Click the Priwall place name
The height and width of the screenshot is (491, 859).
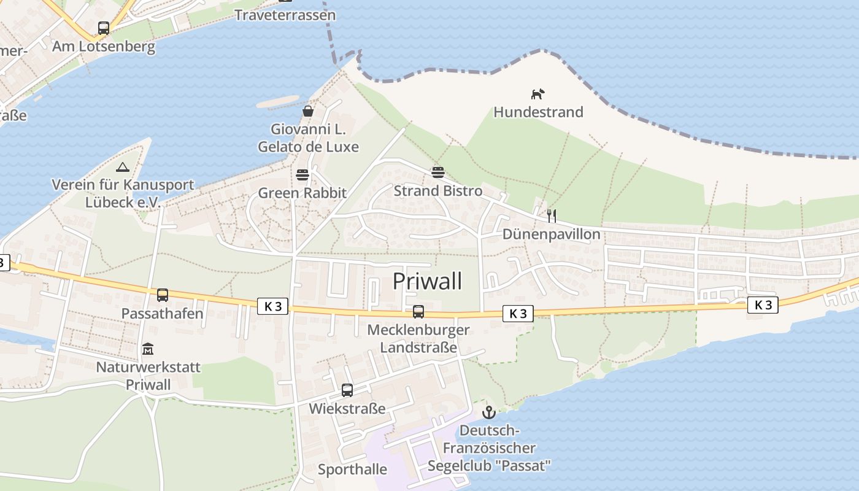point(427,281)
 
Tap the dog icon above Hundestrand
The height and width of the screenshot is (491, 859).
point(537,94)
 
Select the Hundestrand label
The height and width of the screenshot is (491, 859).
point(538,112)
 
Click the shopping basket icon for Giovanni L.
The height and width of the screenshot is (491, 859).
point(308,111)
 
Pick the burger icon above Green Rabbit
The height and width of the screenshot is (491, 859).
point(302,175)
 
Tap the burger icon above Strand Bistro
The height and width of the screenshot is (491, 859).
point(437,172)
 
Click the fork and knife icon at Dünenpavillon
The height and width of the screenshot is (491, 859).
point(551,215)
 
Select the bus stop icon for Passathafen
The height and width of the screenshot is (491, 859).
point(163,295)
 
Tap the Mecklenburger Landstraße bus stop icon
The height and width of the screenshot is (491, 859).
point(418,312)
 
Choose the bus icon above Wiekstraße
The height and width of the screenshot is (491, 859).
point(347,390)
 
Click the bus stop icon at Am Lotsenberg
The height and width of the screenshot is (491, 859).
point(104,28)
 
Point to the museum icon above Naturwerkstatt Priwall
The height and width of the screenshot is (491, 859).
point(148,349)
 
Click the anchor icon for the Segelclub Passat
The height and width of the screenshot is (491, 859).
point(488,412)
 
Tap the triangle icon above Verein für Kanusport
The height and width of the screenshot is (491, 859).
point(123,167)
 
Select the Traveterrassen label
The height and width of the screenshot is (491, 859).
point(285,15)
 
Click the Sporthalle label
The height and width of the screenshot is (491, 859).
point(352,470)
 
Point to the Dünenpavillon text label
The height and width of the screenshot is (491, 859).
point(551,234)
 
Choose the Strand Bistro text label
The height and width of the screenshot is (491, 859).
point(438,191)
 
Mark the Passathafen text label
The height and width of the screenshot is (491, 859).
point(162,314)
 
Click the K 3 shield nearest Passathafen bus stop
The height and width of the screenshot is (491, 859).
point(272,306)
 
